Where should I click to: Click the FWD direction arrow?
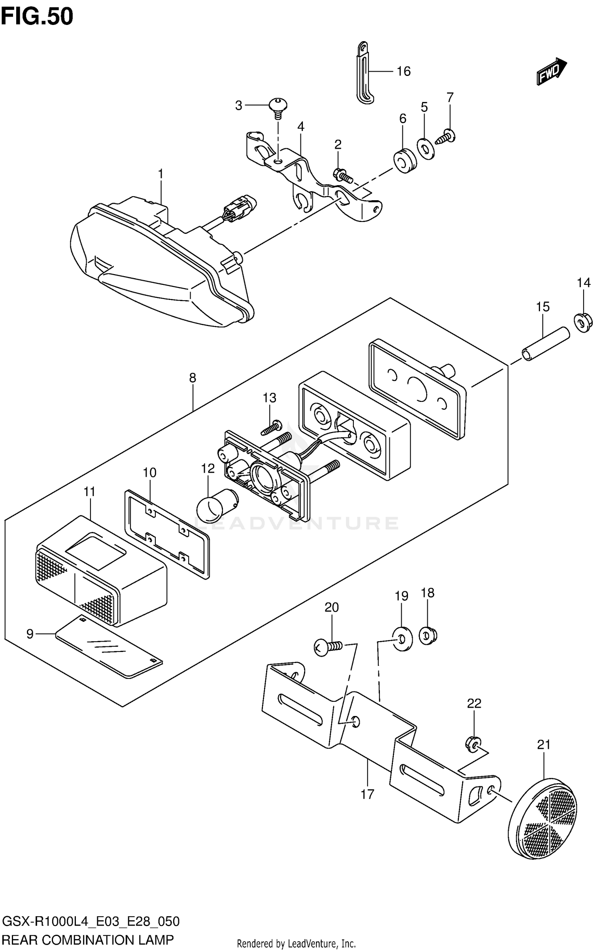click(x=551, y=71)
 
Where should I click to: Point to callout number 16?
click(x=404, y=71)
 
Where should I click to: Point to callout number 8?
click(x=193, y=378)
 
